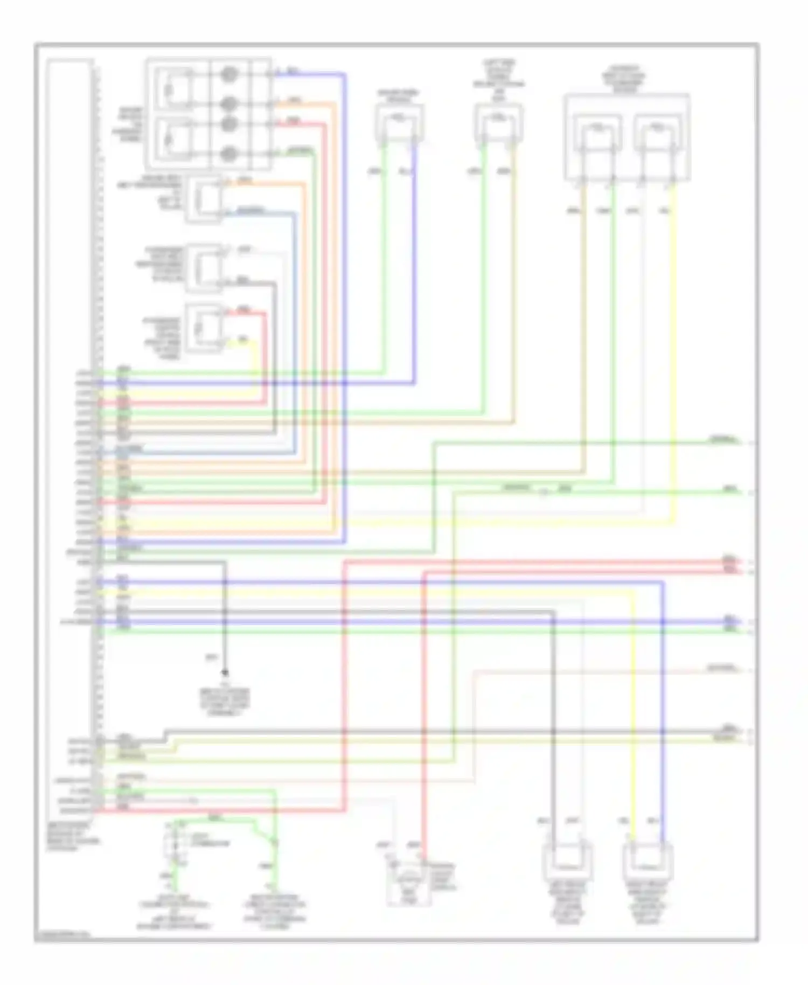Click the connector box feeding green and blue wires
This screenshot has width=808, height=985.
click(400, 123)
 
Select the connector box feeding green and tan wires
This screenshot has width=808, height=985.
click(499, 123)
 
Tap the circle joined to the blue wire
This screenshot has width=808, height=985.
click(229, 74)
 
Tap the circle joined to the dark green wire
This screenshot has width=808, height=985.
click(229, 153)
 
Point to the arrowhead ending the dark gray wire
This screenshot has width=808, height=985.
click(225, 672)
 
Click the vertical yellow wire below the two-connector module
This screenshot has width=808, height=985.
click(673, 350)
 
